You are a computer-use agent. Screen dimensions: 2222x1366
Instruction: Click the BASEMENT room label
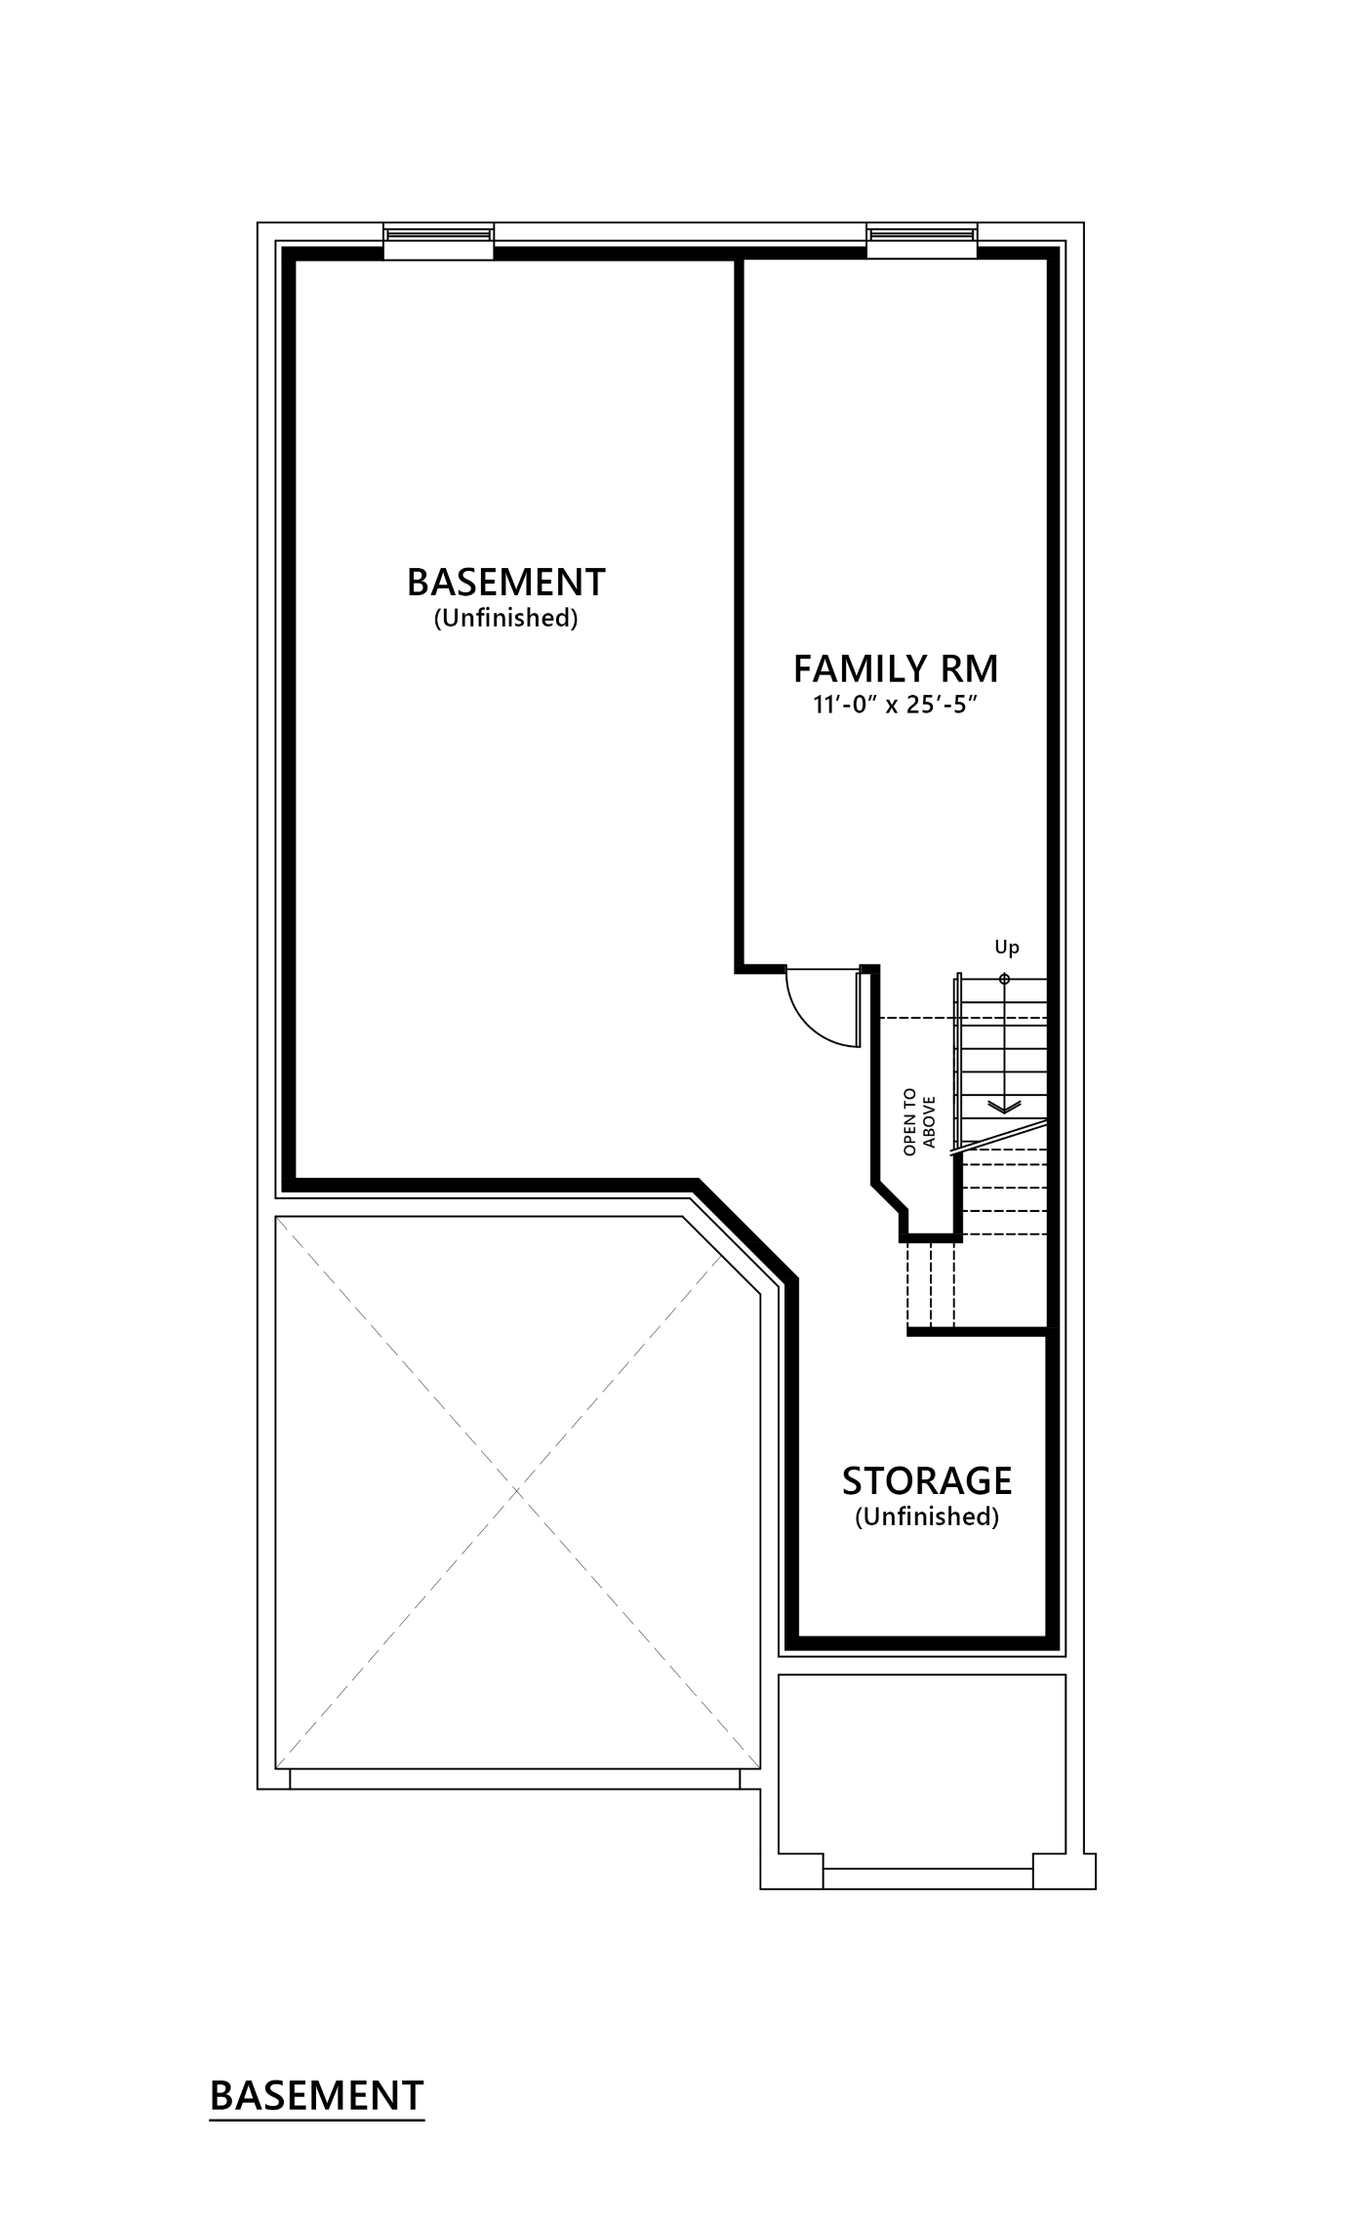505,582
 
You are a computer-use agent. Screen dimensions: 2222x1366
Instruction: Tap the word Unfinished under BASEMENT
505,618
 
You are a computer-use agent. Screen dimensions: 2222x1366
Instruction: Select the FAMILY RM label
896,669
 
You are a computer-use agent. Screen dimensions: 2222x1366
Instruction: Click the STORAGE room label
926,1480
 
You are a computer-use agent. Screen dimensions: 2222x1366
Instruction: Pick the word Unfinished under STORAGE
926,1516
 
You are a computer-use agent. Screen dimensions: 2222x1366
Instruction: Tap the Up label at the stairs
1006,947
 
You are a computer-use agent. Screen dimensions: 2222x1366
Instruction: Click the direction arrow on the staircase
1004,1107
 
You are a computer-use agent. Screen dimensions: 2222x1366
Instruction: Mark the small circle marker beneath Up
1005,979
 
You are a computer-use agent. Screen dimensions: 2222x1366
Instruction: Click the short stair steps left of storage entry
931,1283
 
